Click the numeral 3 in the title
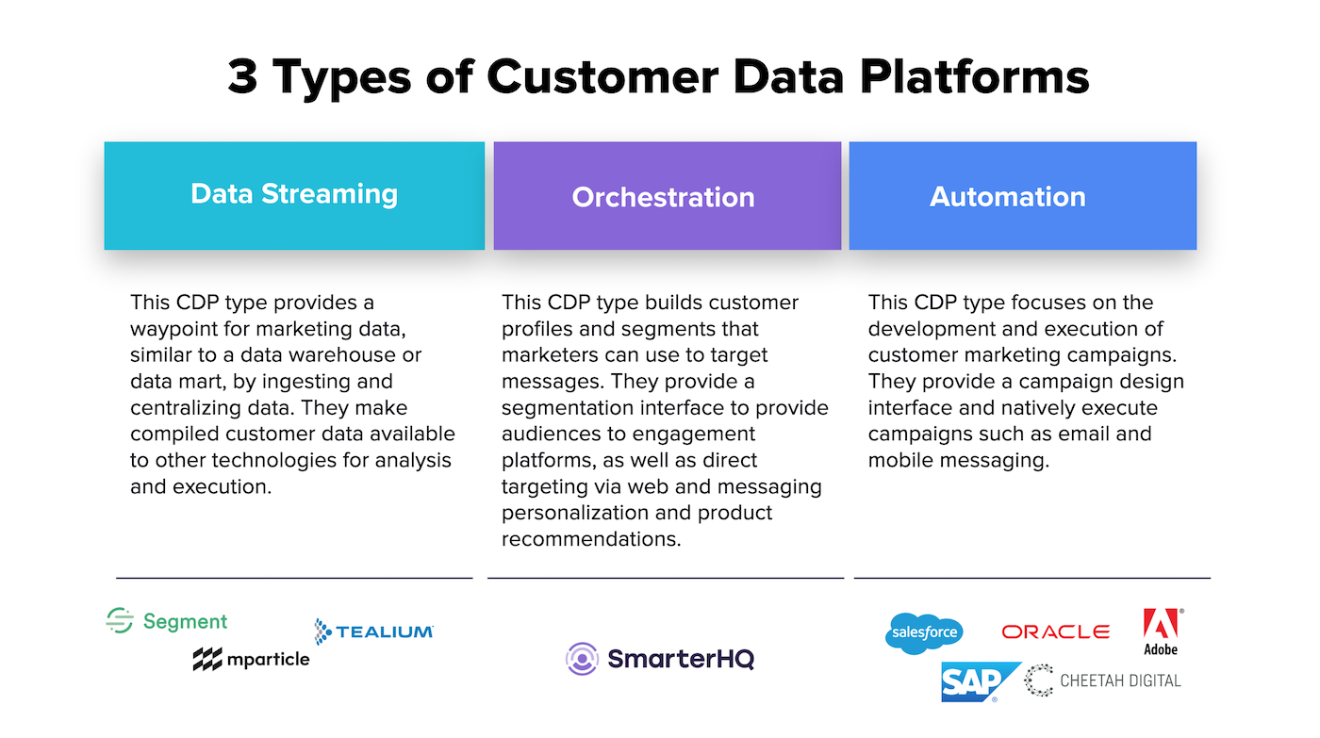[x=243, y=76]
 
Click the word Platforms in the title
[x=974, y=76]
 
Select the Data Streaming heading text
[x=294, y=194]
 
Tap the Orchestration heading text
[x=663, y=197]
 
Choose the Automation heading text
[x=1007, y=197]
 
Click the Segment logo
[x=167, y=621]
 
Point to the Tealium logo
[x=374, y=631]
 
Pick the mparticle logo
[x=251, y=659]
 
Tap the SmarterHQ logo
[x=659, y=659]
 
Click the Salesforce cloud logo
[x=924, y=633]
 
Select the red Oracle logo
[x=1055, y=632]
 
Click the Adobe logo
[x=1162, y=631]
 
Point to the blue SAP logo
[x=979, y=681]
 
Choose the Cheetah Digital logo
[x=1102, y=681]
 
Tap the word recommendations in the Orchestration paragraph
[x=591, y=539]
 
